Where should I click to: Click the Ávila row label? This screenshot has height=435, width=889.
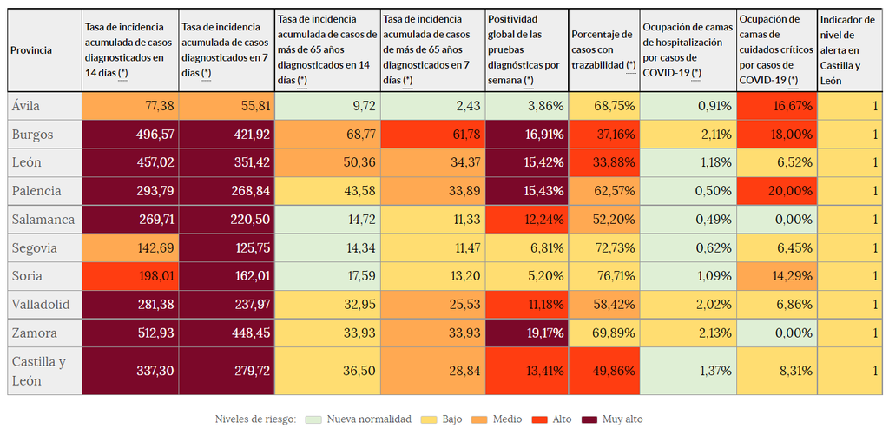click(26, 107)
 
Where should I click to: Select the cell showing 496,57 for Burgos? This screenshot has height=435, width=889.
click(130, 135)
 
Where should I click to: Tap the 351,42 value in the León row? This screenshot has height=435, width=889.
click(227, 162)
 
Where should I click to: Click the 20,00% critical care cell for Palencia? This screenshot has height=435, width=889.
click(776, 190)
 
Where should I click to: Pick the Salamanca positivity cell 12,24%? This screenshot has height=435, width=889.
click(526, 219)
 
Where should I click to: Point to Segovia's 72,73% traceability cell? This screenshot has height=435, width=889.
click(604, 247)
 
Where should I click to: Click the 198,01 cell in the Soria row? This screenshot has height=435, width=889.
click(130, 276)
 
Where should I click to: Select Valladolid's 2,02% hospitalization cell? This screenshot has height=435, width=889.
click(688, 305)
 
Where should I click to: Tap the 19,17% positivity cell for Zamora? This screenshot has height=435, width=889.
click(526, 333)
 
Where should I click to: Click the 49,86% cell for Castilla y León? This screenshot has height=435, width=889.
click(604, 371)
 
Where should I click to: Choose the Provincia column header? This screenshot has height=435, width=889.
click(31, 50)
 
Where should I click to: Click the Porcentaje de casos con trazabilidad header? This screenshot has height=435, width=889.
click(604, 50)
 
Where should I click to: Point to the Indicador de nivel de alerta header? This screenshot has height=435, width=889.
click(849, 50)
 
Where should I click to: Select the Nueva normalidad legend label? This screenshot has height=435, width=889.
click(369, 419)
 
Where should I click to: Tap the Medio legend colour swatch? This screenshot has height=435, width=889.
click(478, 419)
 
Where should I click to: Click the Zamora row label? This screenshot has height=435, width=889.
click(35, 333)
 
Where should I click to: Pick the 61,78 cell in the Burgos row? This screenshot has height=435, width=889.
click(432, 135)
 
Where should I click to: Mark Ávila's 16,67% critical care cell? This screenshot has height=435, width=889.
click(776, 107)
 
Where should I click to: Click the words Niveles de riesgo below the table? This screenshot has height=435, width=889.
click(255, 419)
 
